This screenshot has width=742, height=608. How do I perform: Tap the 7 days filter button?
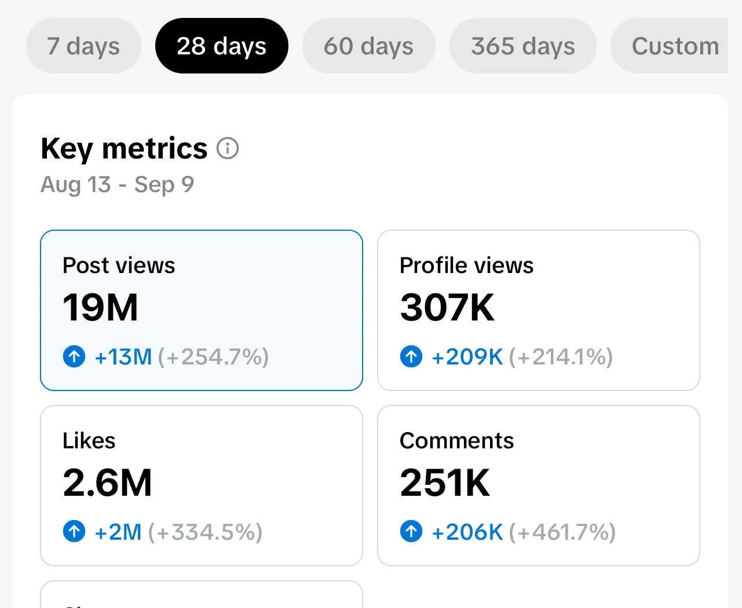pos(83,46)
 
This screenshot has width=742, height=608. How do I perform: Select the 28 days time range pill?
pos(222,46)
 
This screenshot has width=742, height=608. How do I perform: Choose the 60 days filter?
pos(369,46)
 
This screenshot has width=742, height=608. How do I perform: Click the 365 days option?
pos(523,46)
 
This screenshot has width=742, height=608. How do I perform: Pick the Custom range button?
pos(670,46)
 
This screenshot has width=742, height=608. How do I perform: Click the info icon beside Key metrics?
pos(227,148)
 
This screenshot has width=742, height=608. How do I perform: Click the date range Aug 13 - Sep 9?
pos(117,185)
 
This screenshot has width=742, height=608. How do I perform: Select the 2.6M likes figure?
pos(107,483)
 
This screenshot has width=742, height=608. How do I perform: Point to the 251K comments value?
pos(445,483)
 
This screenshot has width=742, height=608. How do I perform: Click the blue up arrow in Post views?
pos(74,356)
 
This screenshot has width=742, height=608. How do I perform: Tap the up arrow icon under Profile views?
pos(411,356)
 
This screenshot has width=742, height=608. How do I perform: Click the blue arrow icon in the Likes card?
pos(74,531)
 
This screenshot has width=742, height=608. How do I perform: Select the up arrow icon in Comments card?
pos(411,531)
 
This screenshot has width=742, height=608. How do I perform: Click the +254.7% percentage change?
pos(214,357)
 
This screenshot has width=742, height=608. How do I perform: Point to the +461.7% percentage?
pos(562,532)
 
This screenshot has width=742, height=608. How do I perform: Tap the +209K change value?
pos(467,357)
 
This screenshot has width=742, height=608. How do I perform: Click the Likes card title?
pos(89,440)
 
